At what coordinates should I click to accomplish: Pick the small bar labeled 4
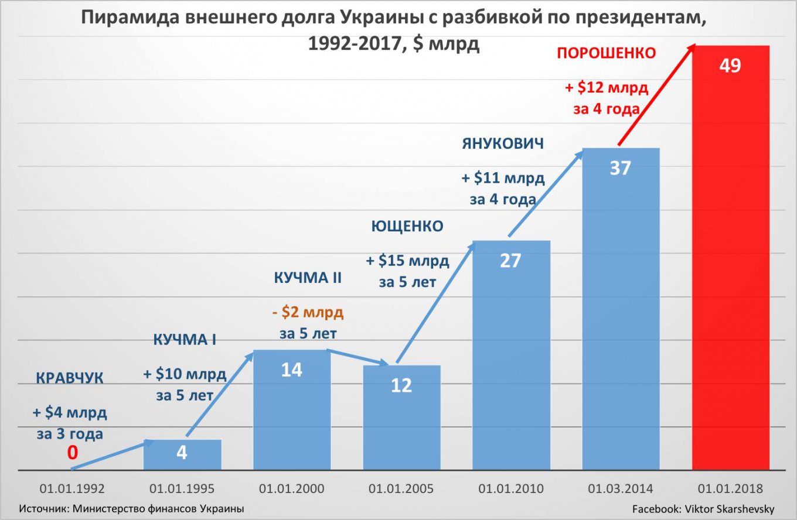tap(182, 455)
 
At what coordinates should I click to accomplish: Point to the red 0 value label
tap(72, 453)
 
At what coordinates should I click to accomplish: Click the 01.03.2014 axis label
tap(621, 488)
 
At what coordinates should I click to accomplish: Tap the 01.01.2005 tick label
tap(401, 488)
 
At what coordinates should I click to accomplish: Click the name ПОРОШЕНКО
tap(606, 54)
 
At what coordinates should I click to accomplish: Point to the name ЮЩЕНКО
tap(407, 227)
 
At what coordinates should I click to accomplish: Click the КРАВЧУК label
tap(69, 378)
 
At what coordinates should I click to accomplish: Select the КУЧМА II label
tap(308, 278)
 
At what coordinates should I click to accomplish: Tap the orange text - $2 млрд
tap(308, 312)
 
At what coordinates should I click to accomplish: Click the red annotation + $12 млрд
tap(606, 88)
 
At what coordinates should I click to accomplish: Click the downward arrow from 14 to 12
tap(357, 357)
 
